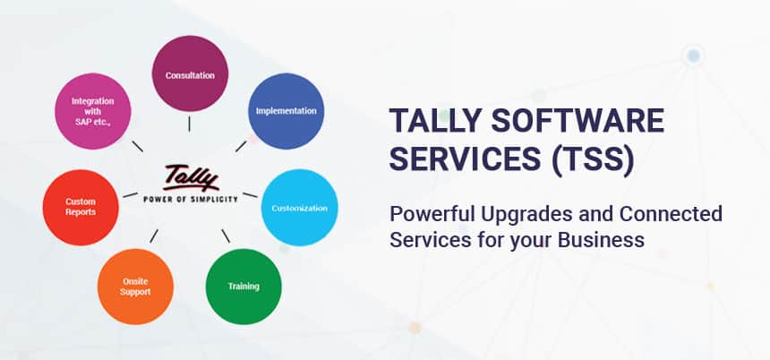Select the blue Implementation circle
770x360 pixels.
pos(286,111)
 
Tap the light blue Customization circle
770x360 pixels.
pos(300,208)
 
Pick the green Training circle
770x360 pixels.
pos(244,287)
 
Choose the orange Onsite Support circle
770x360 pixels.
pos(135,287)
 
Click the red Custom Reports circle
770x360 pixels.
pos(81,208)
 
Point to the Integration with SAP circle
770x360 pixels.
pos(93,111)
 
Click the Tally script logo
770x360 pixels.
pos(191,178)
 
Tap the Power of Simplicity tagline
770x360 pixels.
pos(191,199)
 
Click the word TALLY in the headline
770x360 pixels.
pos(435,121)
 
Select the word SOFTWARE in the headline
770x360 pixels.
pos(578,121)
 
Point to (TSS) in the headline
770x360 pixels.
pos(593,160)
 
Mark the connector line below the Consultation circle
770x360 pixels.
pos(189,124)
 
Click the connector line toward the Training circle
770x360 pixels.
pos(226,236)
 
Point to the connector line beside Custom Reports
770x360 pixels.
pos(130,195)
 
